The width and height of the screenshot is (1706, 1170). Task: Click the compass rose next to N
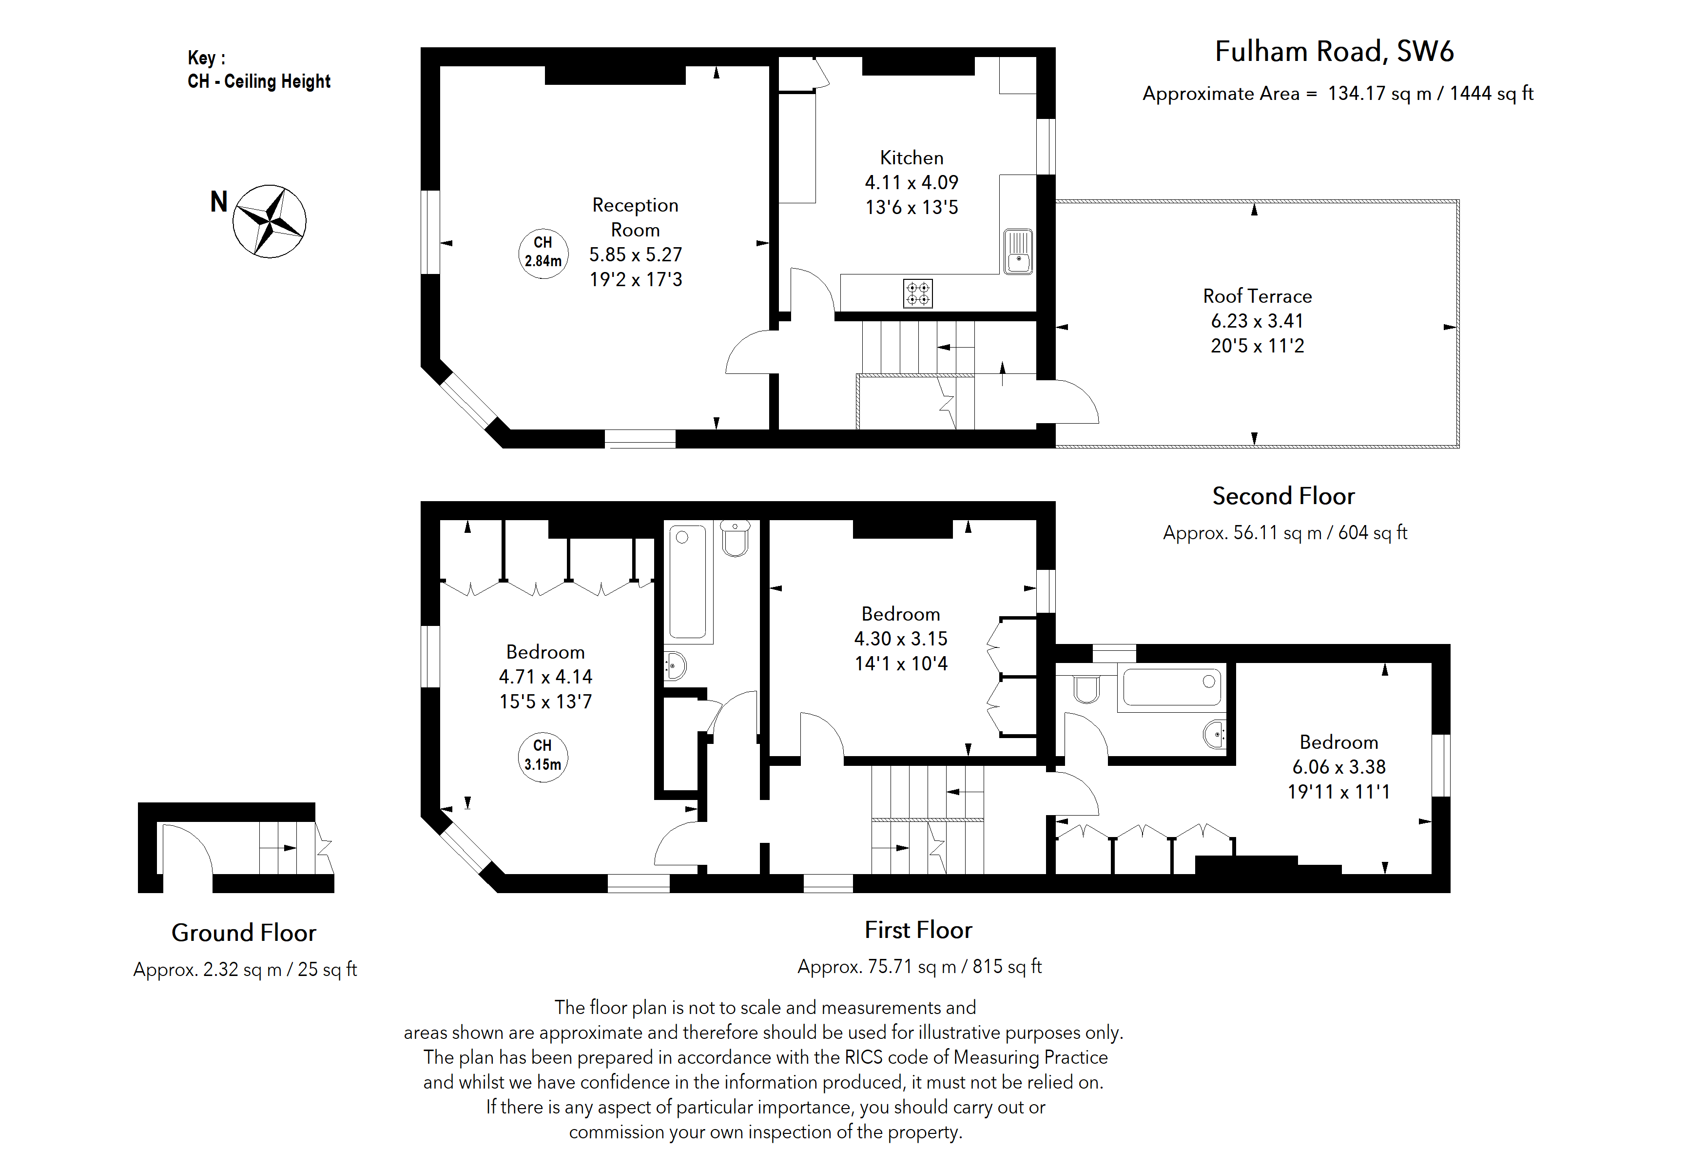pyautogui.click(x=270, y=221)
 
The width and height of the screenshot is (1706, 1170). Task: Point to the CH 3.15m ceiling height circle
pyautogui.click(x=543, y=756)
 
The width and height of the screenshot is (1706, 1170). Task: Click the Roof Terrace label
pyautogui.click(x=1257, y=296)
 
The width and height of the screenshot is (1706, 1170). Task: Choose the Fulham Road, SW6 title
pyautogui.click(x=1333, y=51)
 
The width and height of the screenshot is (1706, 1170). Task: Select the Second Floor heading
pyautogui.click(x=1282, y=496)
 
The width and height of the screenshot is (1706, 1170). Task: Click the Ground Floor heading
pyautogui.click(x=244, y=933)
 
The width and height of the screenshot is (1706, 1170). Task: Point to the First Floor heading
pyautogui.click(x=918, y=930)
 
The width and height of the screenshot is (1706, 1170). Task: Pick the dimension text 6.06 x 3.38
pyautogui.click(x=1338, y=767)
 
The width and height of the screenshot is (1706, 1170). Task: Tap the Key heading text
pyautogui.click(x=206, y=58)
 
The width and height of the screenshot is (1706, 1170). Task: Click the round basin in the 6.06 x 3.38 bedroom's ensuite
pyautogui.click(x=1215, y=733)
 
